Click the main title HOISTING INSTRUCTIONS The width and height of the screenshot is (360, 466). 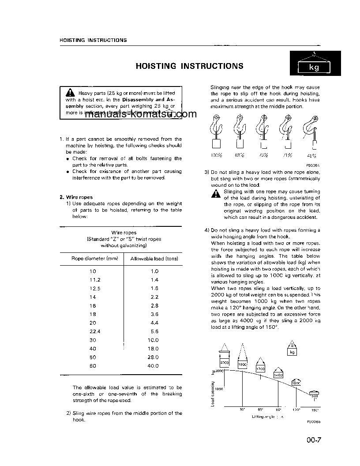pos(189,66)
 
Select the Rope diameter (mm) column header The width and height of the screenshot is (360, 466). pos(94,259)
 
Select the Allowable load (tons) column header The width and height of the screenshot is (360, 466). pos(154,259)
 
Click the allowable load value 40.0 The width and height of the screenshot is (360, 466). pos(154,366)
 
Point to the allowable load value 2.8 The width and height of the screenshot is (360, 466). pos(154,305)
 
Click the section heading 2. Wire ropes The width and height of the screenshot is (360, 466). pos(76,197)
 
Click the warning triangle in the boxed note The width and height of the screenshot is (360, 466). pos(70,93)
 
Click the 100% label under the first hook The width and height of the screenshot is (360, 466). pos(216,155)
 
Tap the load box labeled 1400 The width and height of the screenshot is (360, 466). pos(278,375)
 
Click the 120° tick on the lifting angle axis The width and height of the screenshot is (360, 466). pos(296,410)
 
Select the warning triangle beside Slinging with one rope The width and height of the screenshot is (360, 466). pos(215,194)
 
